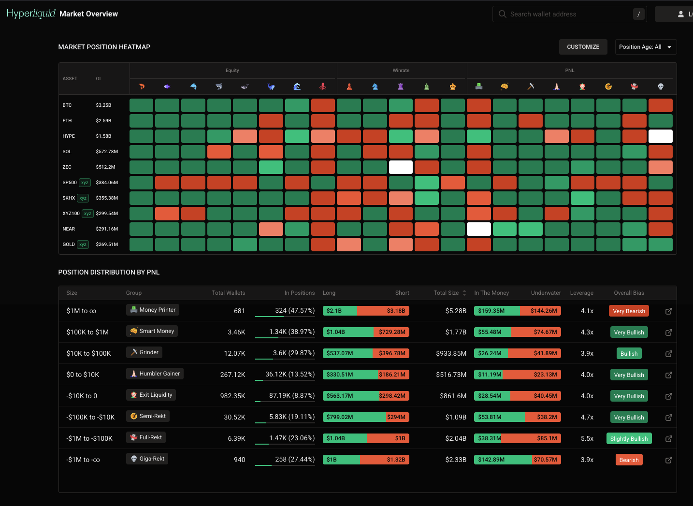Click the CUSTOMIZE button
click(583, 47)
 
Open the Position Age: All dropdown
click(646, 47)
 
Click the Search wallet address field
click(569, 14)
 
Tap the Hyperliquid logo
click(31, 14)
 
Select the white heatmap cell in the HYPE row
click(660, 136)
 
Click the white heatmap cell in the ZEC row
click(401, 167)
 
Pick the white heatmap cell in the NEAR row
click(478, 229)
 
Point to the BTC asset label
click(67, 105)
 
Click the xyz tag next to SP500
click(85, 183)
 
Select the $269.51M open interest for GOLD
click(107, 245)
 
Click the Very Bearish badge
click(629, 311)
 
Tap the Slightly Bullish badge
click(629, 438)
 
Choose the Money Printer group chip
click(153, 310)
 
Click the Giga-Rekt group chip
click(147, 459)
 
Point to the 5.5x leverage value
click(587, 438)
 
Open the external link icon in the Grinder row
click(668, 353)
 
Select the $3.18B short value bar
click(383, 311)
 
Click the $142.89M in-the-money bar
click(503, 460)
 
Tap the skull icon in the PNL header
click(661, 87)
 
